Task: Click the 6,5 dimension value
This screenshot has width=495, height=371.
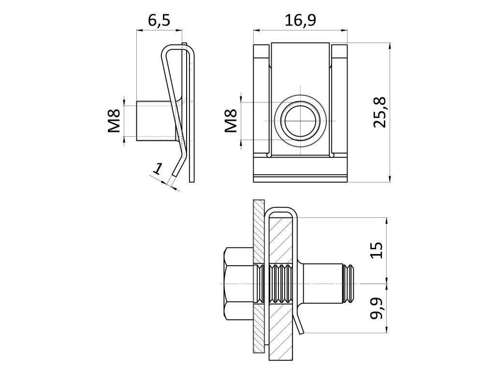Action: tap(160, 21)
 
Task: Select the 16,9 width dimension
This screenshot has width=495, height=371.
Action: tap(300, 21)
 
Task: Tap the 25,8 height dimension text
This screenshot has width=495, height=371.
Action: tap(379, 112)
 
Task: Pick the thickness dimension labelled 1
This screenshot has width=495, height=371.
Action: tap(157, 169)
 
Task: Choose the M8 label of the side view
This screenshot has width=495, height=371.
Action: tap(114, 121)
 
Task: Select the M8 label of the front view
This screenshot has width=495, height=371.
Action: tap(231, 121)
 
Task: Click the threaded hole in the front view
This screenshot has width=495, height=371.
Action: tap(300, 121)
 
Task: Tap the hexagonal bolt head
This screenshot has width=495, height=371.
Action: tap(238, 283)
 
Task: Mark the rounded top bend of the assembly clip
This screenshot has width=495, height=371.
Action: tap(282, 211)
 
